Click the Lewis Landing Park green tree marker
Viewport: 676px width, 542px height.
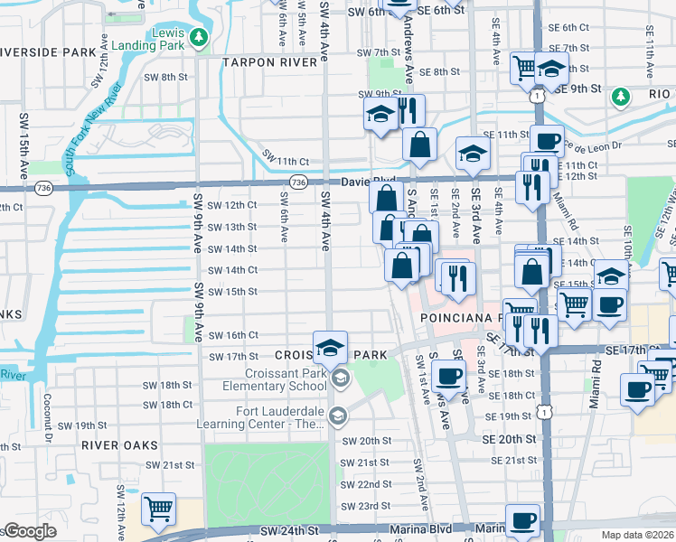(x=200, y=37)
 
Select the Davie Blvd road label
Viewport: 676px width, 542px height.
(x=368, y=181)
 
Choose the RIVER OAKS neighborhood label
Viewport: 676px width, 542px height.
(x=119, y=445)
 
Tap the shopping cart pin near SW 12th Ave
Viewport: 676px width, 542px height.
(x=158, y=509)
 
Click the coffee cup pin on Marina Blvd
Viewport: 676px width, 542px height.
(x=522, y=522)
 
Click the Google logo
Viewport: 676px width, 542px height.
(x=29, y=532)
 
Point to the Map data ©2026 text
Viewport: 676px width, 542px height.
(x=638, y=535)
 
